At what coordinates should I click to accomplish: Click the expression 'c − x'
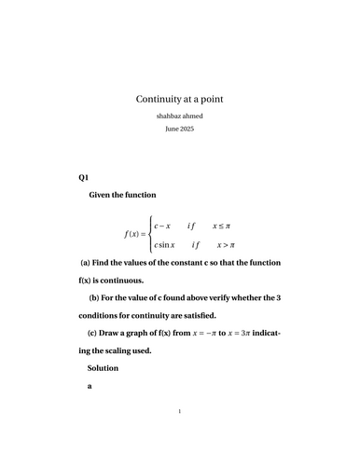coord(163,226)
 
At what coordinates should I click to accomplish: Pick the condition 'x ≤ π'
coord(221,226)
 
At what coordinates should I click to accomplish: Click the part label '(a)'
coord(87,264)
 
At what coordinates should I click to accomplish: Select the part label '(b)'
coord(94,297)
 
